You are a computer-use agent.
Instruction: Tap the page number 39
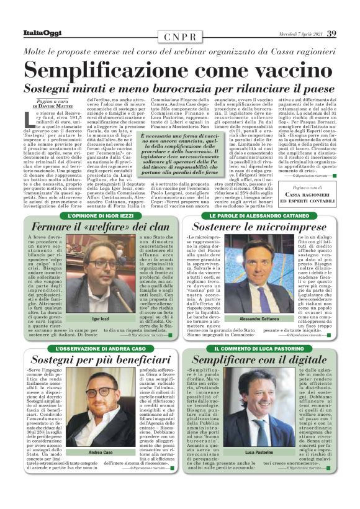(x=331, y=33)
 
